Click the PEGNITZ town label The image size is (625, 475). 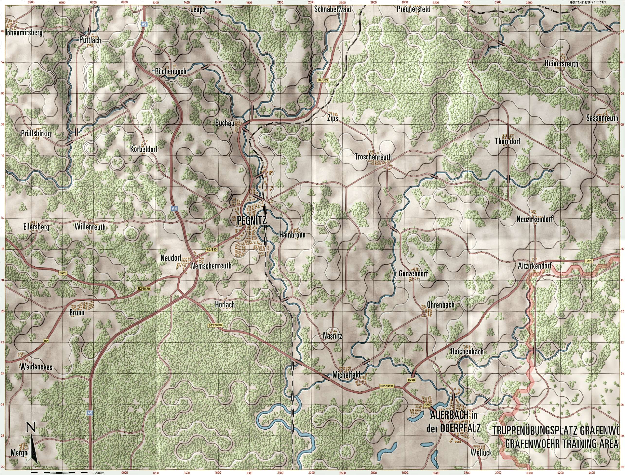(249, 220)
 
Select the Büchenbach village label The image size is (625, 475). (171, 71)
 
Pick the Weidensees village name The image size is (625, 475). (36, 367)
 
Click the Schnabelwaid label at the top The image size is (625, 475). (333, 9)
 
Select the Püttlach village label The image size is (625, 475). (90, 40)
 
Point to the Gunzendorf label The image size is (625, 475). (413, 273)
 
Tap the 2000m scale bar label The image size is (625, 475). (100, 473)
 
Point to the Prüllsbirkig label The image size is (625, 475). (36, 133)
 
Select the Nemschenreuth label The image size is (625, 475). (211, 266)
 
